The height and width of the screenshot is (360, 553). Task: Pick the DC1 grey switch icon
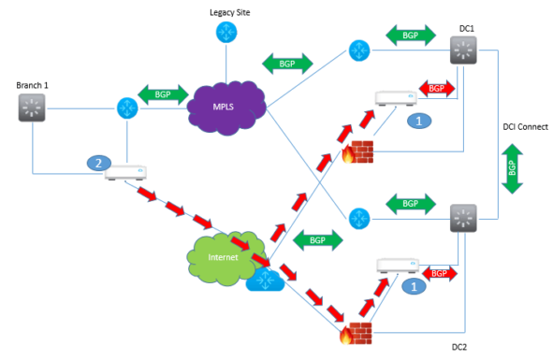pyautogui.click(x=463, y=50)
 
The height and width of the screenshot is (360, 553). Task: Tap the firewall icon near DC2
pyautogui.click(x=356, y=327)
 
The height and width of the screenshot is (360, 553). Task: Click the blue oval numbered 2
pyautogui.click(x=95, y=163)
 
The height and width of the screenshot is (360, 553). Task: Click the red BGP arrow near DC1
pyautogui.click(x=437, y=88)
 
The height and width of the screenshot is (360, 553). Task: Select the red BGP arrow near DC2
pyautogui.click(x=436, y=273)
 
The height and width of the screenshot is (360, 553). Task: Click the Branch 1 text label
pyautogui.click(x=34, y=85)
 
